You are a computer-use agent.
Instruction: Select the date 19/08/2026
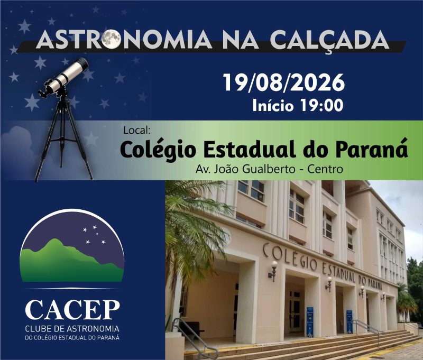(x=284, y=82)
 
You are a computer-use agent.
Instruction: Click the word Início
(x=273, y=105)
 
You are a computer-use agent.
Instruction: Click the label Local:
(x=136, y=130)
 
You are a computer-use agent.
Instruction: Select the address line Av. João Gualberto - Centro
(x=269, y=169)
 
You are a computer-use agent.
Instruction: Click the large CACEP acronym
(x=72, y=310)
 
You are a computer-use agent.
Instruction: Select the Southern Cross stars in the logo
(x=94, y=235)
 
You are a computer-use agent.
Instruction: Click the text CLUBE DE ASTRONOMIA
(x=72, y=329)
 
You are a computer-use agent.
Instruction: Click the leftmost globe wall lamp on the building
(x=273, y=271)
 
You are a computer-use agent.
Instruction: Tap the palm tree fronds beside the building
(x=195, y=229)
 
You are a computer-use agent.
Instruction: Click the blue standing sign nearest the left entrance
(x=310, y=322)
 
